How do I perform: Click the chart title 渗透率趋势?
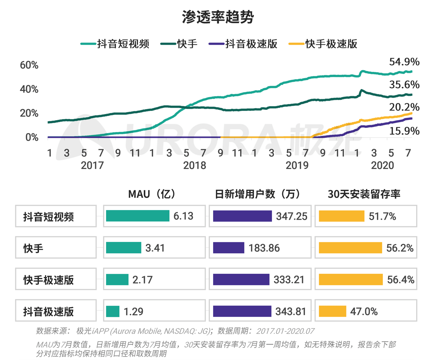[x=218, y=17]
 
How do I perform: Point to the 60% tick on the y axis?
[x=29, y=65]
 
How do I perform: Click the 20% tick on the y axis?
[x=29, y=113]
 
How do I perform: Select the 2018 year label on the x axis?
[x=195, y=165]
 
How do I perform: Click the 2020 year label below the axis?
[x=382, y=165]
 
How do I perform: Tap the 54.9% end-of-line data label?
[x=404, y=62]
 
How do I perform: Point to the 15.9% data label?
[x=404, y=131]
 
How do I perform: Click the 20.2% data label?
[x=404, y=107]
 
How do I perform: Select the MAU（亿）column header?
[x=152, y=194]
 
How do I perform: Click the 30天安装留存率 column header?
[x=364, y=194]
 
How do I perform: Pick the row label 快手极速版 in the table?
[x=49, y=280]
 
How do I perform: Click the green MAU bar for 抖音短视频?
[x=137, y=216]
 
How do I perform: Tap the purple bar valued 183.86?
[x=228, y=248]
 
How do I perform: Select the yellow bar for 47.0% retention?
[x=332, y=311]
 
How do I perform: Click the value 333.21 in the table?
[x=289, y=280]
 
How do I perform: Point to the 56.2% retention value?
[x=399, y=248]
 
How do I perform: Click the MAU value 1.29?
[x=133, y=311]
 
